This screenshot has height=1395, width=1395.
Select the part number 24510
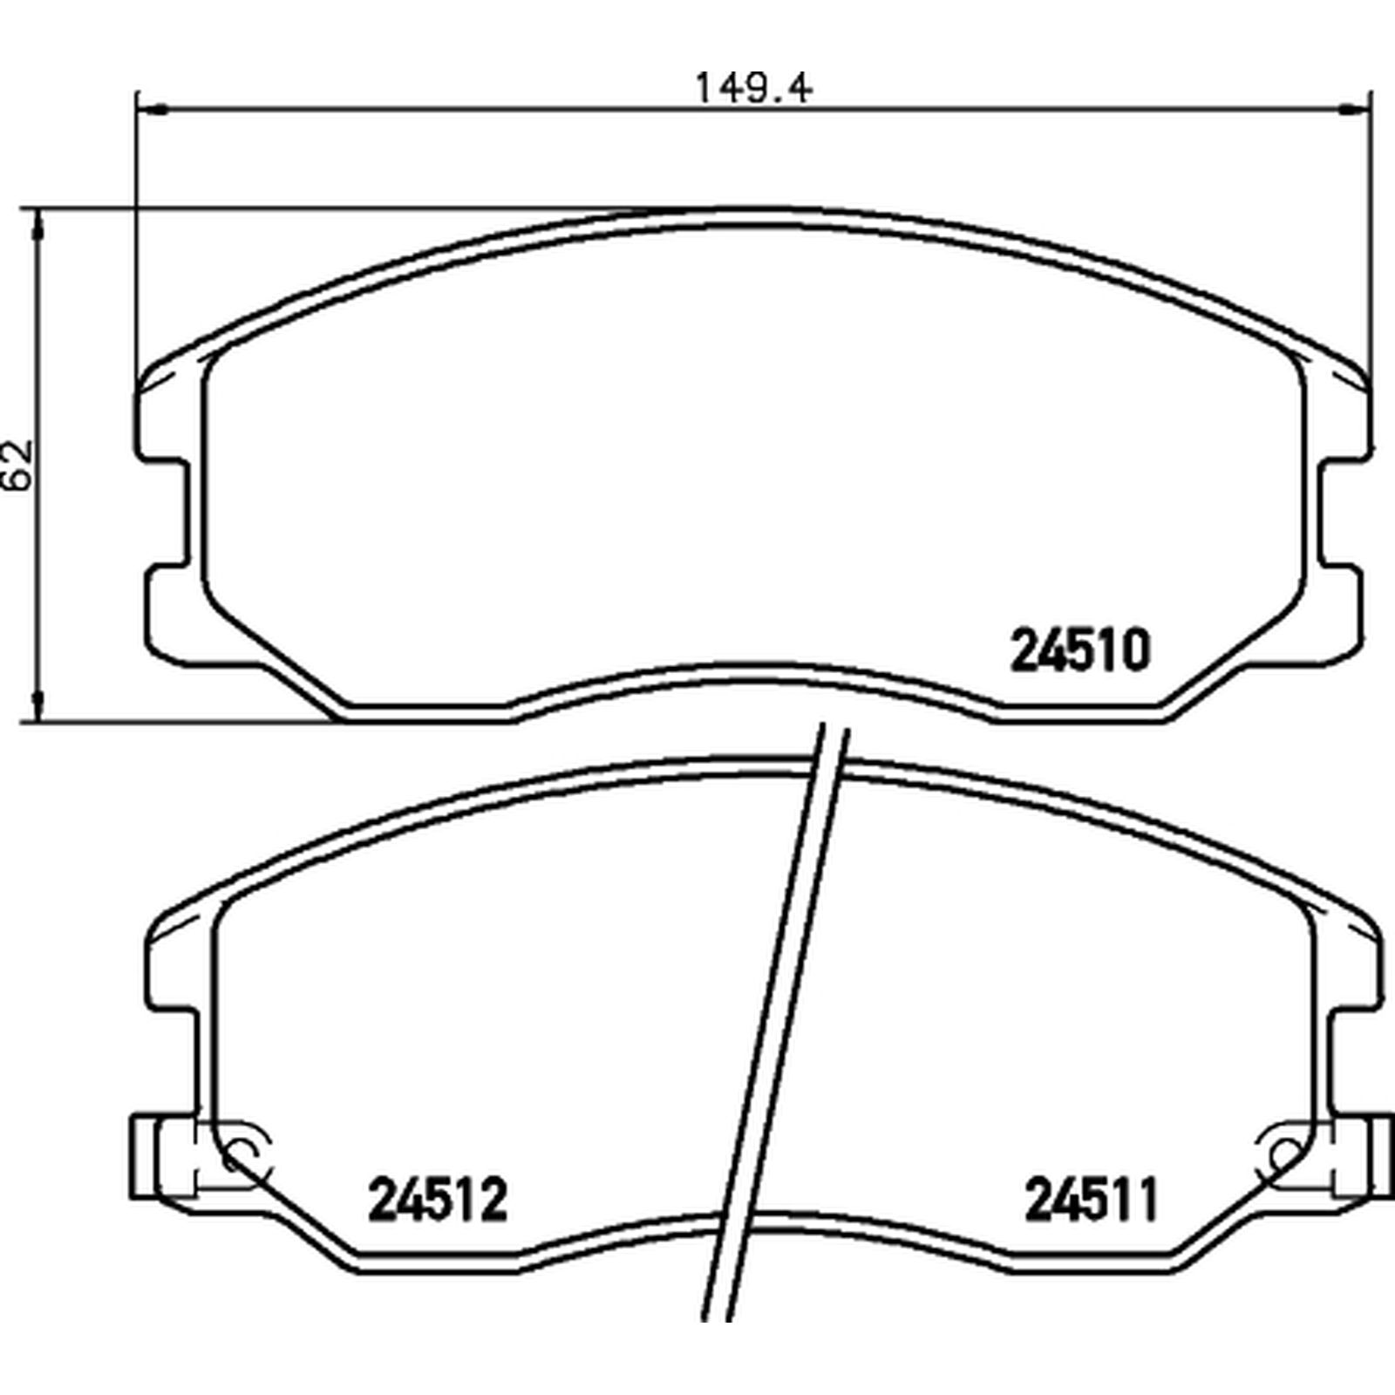[1080, 651]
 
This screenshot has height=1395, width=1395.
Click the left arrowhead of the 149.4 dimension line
[152, 110]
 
